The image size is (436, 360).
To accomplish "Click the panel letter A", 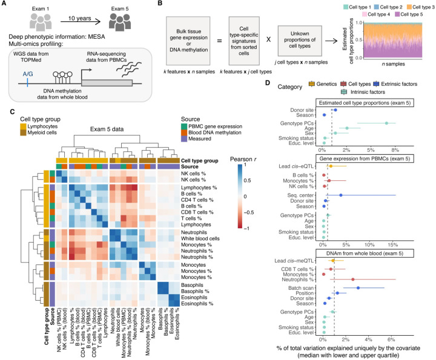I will point(5,5).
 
